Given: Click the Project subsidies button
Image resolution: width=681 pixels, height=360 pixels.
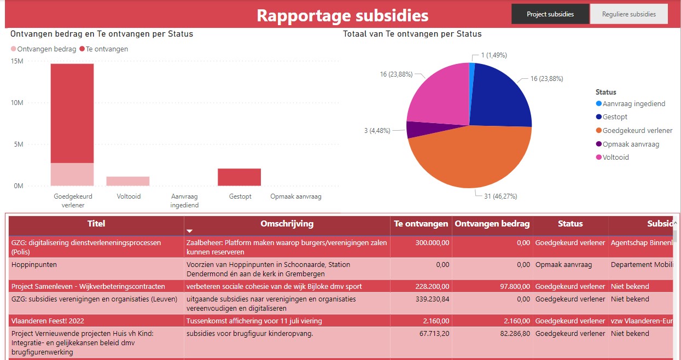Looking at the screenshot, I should click(x=550, y=14).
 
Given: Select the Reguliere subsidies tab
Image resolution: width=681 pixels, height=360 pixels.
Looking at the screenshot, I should click(x=628, y=14).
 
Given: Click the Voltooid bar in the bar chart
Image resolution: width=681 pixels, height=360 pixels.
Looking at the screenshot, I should click(x=127, y=181).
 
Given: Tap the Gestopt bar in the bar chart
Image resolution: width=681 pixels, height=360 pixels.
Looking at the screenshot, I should click(x=239, y=177).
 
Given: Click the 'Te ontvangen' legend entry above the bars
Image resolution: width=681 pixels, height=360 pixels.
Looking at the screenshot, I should click(x=107, y=49).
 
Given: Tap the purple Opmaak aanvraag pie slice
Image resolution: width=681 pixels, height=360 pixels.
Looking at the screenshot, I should click(x=414, y=129).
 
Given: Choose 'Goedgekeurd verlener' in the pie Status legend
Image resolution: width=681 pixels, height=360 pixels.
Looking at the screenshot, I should click(x=637, y=131).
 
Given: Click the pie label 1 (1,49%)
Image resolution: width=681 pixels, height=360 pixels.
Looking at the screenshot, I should click(x=494, y=55).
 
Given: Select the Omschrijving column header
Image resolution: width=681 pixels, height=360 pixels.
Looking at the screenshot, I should click(x=287, y=224).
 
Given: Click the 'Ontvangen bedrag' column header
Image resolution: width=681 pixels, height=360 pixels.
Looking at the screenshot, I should click(x=492, y=224).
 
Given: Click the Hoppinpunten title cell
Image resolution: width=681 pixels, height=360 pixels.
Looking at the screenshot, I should click(x=34, y=265).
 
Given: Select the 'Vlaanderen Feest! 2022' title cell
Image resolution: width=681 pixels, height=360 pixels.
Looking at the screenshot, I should click(x=48, y=321).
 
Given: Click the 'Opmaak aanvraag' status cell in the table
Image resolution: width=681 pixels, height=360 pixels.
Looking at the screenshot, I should click(x=563, y=265).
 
